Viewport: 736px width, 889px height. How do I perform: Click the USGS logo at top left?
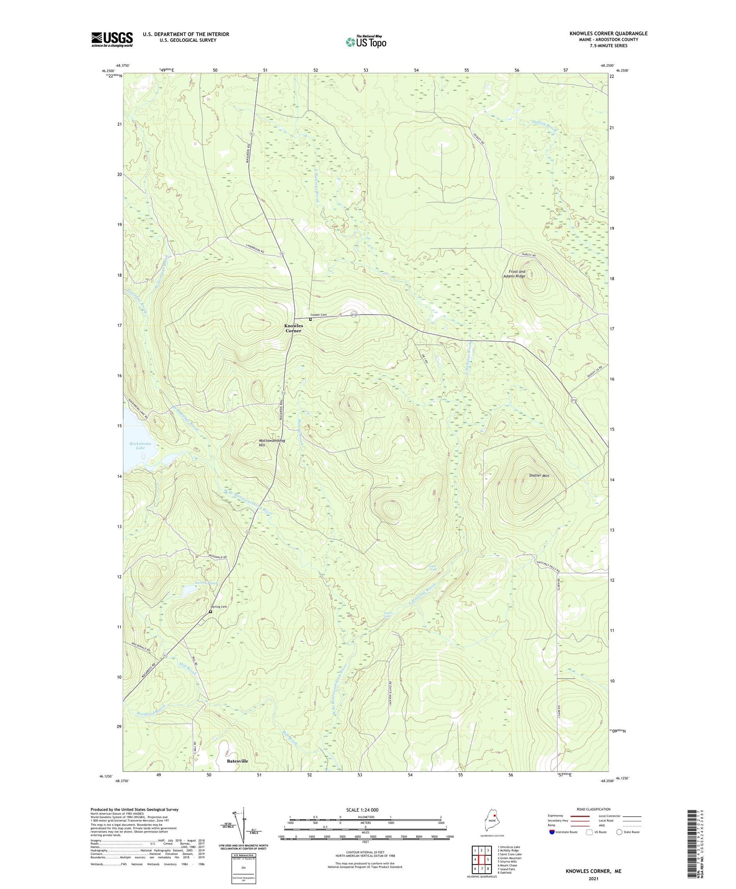pos(112,39)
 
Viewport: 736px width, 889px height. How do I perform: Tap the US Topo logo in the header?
pos(366,42)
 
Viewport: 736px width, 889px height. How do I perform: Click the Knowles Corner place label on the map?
pos(293,328)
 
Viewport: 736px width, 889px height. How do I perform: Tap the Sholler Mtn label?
pos(539,476)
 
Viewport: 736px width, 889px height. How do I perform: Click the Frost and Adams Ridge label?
pos(514,274)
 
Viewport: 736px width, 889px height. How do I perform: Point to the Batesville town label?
pos(237,761)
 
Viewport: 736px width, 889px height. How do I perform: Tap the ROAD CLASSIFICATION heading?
pos(593,809)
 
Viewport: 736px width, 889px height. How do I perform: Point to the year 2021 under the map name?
pos(593,878)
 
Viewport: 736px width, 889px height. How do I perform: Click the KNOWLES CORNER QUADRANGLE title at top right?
pos(608,34)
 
